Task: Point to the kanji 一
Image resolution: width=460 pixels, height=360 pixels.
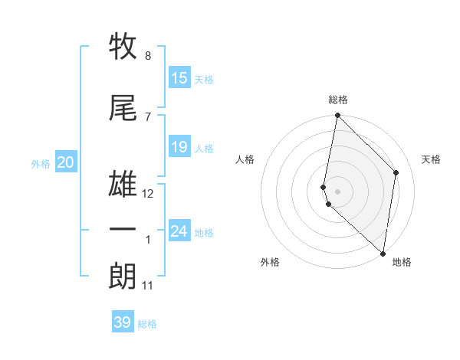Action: click(x=123, y=229)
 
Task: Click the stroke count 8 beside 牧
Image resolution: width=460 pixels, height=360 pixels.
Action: click(x=147, y=56)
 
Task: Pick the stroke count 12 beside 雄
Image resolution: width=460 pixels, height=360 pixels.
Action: click(x=148, y=194)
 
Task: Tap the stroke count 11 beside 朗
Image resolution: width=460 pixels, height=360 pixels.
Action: click(x=148, y=286)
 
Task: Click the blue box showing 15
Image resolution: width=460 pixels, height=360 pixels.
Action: click(x=179, y=78)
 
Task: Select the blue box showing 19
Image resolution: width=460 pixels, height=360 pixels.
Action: click(x=179, y=147)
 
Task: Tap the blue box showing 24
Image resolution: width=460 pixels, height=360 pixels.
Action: click(x=179, y=231)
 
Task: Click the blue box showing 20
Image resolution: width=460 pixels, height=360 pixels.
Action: click(x=66, y=162)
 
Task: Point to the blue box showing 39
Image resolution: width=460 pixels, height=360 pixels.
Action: click(x=123, y=322)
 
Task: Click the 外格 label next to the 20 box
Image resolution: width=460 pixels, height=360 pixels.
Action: click(x=41, y=163)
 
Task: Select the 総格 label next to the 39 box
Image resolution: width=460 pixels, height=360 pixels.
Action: click(x=148, y=324)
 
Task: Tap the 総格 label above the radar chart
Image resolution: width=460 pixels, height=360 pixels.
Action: click(x=338, y=100)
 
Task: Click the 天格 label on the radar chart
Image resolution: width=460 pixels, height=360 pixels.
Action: click(x=432, y=159)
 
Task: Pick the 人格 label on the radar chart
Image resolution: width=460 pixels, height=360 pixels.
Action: click(x=245, y=159)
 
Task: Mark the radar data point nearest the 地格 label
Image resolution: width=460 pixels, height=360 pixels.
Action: click(x=383, y=253)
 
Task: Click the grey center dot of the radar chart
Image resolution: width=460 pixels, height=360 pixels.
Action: click(x=338, y=191)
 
